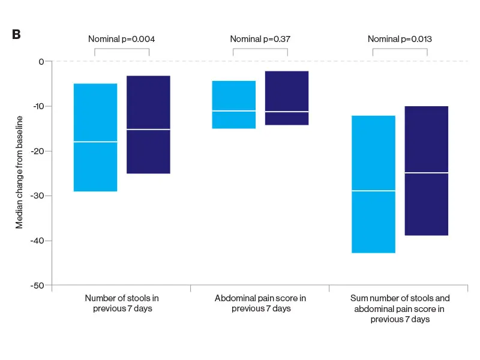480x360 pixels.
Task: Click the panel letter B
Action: [x=16, y=34]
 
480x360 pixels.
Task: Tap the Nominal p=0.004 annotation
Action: [x=122, y=39]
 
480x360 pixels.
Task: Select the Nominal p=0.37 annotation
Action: [x=260, y=39]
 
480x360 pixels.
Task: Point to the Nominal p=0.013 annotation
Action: [x=400, y=39]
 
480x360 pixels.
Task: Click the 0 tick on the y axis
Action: [x=41, y=61]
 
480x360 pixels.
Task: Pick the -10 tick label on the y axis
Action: [x=38, y=106]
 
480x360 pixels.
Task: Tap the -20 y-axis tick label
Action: [x=38, y=151]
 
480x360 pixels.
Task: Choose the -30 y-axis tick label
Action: [x=38, y=196]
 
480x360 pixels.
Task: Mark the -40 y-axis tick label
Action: [x=38, y=241]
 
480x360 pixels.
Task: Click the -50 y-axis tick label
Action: [x=38, y=286]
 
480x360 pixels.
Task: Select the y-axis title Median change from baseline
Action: [x=19, y=173]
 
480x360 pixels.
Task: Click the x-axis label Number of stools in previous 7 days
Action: [x=122, y=303]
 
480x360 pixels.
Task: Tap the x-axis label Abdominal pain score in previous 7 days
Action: [x=260, y=303]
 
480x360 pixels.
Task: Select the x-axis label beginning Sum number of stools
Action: [x=400, y=308]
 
